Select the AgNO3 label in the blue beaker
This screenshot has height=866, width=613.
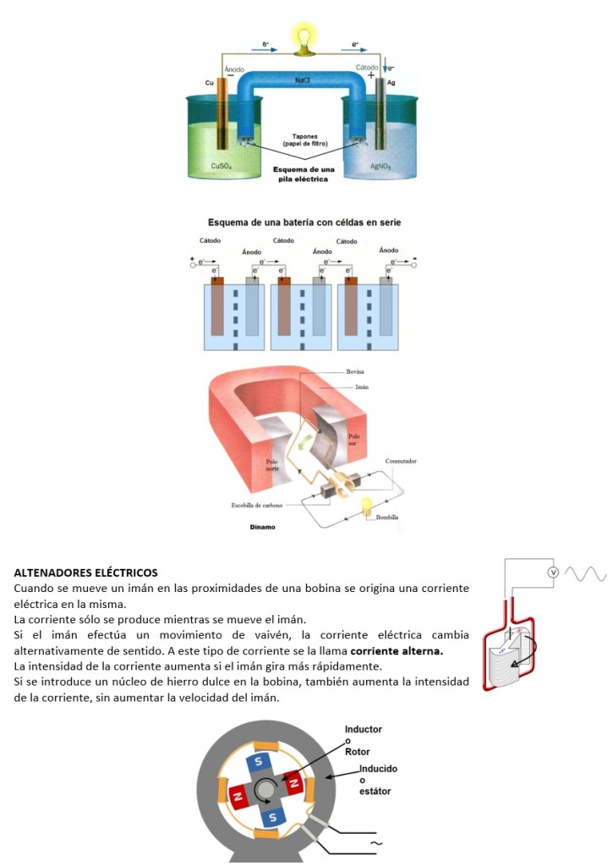pos(380,166)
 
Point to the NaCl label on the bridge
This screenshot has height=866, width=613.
pos(303,79)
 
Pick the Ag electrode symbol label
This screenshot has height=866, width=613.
pos(391,83)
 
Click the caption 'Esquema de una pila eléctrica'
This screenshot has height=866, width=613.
pos(304,174)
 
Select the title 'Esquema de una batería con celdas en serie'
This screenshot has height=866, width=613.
pos(304,222)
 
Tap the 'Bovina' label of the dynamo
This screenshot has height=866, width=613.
pos(355,371)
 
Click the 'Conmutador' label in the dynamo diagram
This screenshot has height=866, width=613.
pos(401,461)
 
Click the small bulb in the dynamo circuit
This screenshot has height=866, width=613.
pos(367,506)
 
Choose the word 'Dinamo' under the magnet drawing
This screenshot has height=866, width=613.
pos(262,527)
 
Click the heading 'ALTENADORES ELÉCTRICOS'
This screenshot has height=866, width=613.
pos(85,573)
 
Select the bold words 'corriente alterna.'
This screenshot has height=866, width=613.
pos(397,651)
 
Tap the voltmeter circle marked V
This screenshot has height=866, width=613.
pos(554,573)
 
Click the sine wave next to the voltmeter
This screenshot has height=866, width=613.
pos(586,574)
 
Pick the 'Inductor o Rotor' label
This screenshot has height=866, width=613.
pos(363,740)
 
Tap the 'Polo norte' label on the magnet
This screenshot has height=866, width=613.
pos(272,465)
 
